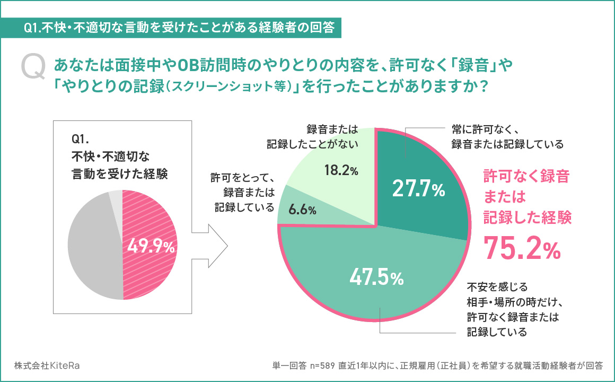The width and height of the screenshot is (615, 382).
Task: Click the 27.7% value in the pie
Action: (418, 189)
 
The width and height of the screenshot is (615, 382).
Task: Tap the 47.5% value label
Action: (376, 277)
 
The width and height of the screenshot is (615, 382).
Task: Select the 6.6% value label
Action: (303, 210)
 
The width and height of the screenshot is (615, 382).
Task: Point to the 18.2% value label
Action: (341, 170)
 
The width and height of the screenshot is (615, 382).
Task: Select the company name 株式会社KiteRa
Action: (48, 366)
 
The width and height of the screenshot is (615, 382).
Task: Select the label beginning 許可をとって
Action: (243, 192)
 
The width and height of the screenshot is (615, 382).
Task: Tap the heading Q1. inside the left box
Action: (82, 140)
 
